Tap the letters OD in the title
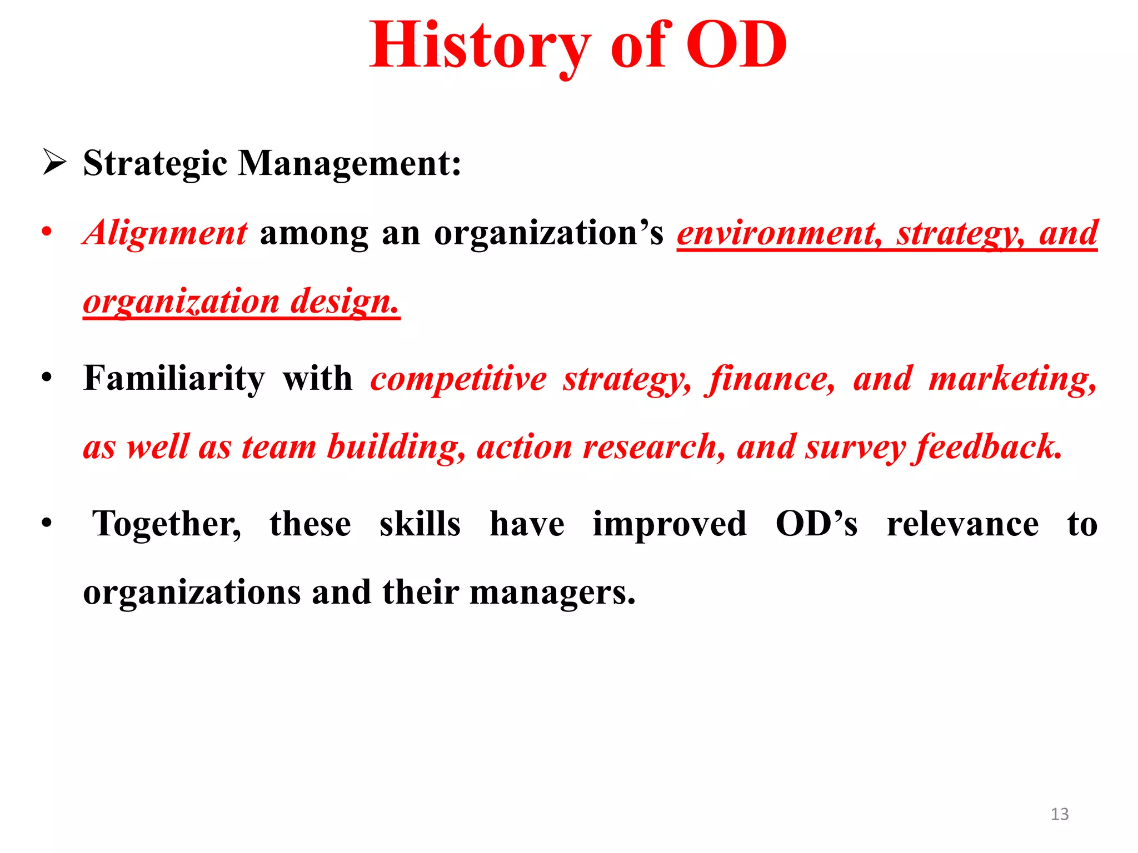pos(736,46)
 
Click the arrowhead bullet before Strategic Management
pos(54,163)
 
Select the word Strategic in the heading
pos(155,164)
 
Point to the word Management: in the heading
pos(350,164)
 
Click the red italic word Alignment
pos(165,233)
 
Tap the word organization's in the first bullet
pos(548,234)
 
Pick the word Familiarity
pos(174,379)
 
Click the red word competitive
pos(458,379)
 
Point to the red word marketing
pos(1012,379)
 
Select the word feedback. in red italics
pos(989,447)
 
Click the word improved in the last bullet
pos(670,525)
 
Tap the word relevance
pos(962,525)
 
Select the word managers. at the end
pos(552,593)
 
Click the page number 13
pos(1060,814)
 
